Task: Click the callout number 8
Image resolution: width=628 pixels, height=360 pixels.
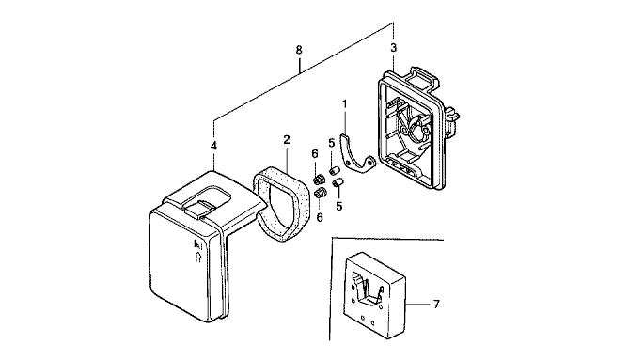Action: (x=299, y=50)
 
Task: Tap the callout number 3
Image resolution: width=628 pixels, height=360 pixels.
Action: (x=394, y=48)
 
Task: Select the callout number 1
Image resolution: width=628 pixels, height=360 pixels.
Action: (x=344, y=104)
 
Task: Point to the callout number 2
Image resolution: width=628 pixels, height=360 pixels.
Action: (x=287, y=140)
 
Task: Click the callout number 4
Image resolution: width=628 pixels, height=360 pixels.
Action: (x=213, y=146)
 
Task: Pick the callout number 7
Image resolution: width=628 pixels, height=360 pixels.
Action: (x=436, y=305)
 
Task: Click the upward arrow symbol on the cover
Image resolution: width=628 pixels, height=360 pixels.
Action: (x=197, y=257)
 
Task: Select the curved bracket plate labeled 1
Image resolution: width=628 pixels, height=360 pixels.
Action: (x=356, y=155)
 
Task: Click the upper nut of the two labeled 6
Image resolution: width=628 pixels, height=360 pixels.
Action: (x=319, y=179)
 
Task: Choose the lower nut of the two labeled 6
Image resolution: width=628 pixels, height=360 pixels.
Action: (x=320, y=193)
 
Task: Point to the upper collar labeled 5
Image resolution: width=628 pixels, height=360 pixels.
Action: (x=334, y=170)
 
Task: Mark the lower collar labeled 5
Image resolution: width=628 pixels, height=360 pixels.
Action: (x=338, y=183)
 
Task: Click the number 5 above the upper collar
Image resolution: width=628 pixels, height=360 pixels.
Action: (x=332, y=143)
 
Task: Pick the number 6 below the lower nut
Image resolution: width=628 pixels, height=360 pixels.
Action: (x=320, y=217)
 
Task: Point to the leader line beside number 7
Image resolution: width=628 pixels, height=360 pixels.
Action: (x=416, y=305)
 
